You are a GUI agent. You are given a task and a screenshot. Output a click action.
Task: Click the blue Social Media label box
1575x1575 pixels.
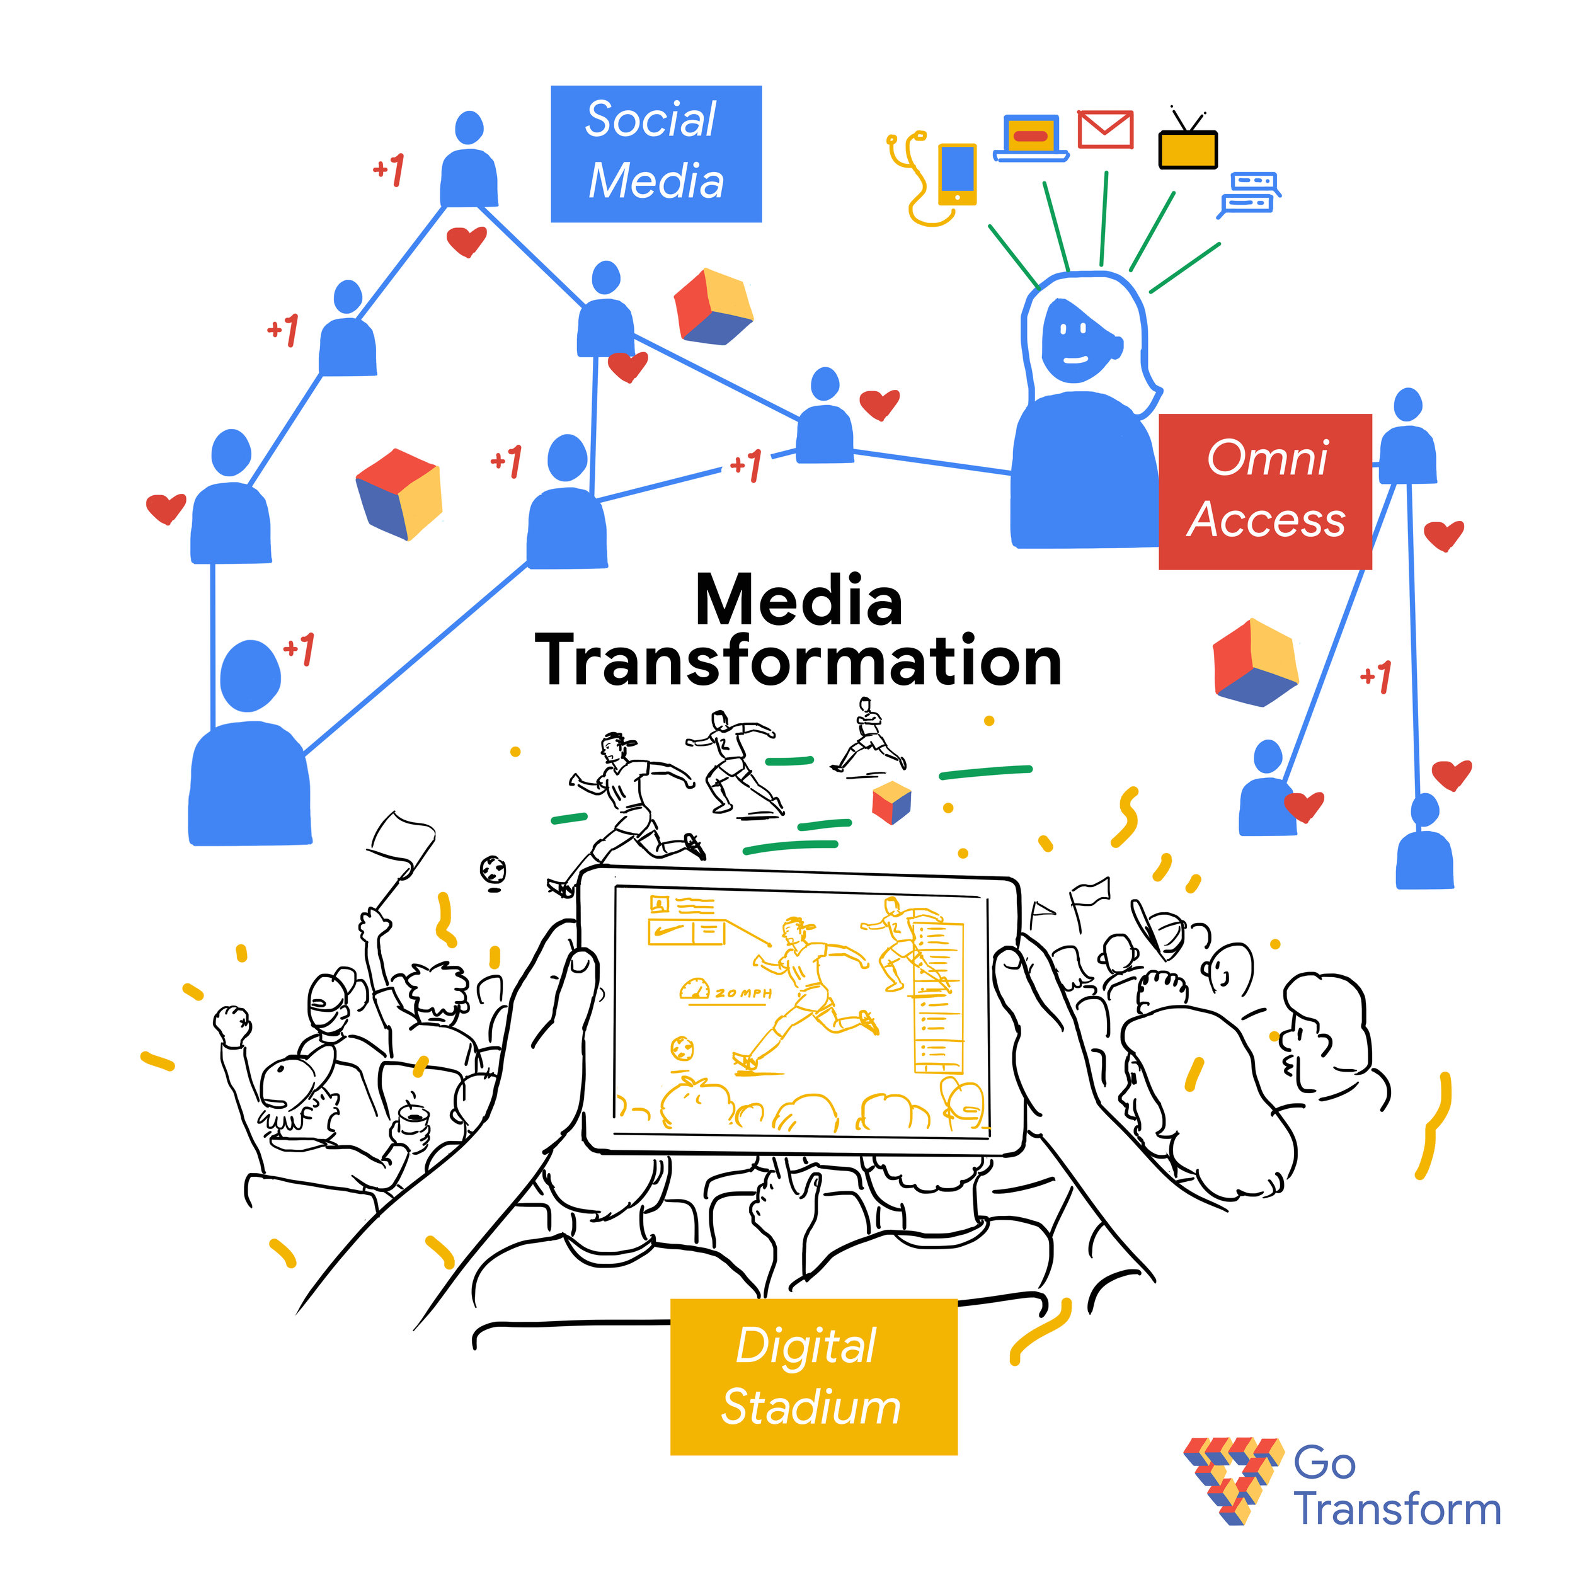pos(656,153)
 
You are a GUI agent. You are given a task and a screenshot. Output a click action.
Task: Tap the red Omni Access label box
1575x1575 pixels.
pos(1265,491)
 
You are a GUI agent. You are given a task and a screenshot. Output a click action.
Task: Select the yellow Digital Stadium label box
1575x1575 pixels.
pos(813,1377)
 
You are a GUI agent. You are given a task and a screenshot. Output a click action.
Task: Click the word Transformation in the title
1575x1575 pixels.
pos(799,661)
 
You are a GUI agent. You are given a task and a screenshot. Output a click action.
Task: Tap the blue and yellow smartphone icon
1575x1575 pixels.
pos(957,175)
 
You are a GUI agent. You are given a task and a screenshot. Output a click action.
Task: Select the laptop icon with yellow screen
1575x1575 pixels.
pos(1031,139)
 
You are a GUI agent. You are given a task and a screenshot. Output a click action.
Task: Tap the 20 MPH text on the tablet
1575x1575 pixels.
pos(743,993)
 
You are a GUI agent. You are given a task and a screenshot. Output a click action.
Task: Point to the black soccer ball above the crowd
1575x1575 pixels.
pos(493,870)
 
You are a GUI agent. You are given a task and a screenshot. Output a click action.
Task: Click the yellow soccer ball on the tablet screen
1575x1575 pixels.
pos(682,1048)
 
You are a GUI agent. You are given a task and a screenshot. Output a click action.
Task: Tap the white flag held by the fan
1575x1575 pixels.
pos(401,839)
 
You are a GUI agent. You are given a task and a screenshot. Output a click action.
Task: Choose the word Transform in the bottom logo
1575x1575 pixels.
pos(1397,1509)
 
